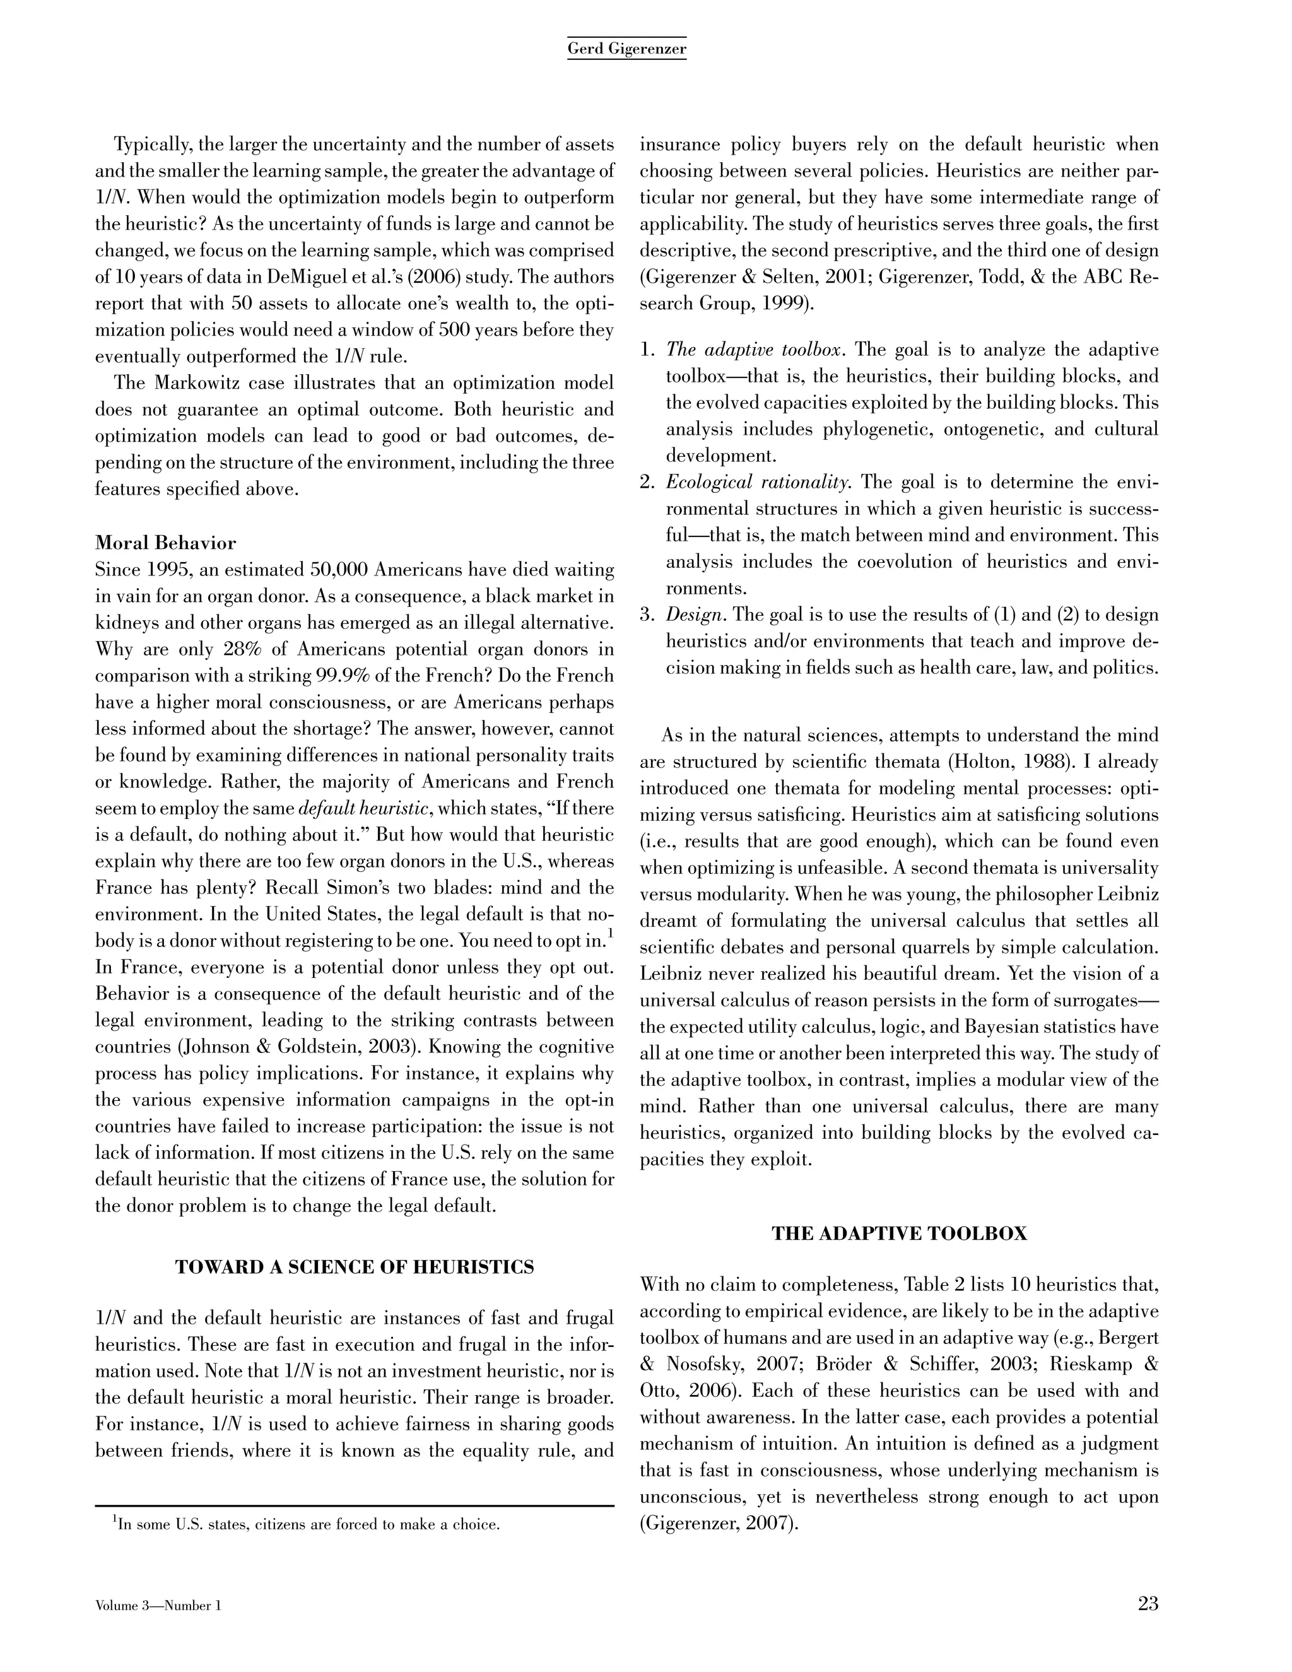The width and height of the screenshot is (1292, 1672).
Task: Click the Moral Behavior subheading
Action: pyautogui.click(x=165, y=543)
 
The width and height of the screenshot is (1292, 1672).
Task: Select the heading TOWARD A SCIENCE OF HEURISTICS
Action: pyautogui.click(x=355, y=1267)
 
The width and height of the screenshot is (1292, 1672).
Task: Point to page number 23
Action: pyautogui.click(x=1148, y=1604)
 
